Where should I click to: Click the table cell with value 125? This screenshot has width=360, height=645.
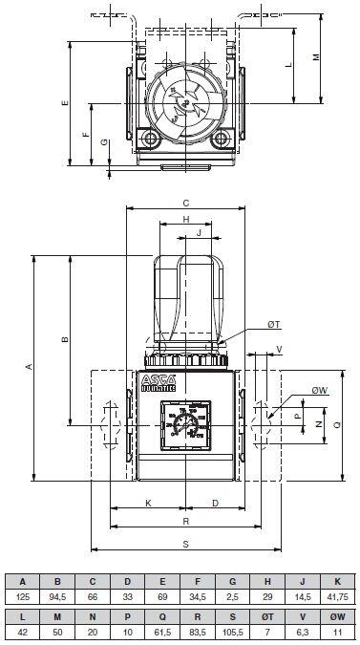click(x=22, y=595)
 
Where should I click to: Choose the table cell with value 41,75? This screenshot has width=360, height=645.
click(x=336, y=595)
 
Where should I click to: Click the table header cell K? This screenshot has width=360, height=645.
click(x=336, y=580)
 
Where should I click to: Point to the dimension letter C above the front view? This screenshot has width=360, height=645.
click(x=186, y=203)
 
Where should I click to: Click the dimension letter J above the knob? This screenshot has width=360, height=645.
click(x=198, y=232)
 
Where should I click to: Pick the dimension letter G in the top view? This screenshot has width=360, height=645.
click(x=105, y=142)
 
